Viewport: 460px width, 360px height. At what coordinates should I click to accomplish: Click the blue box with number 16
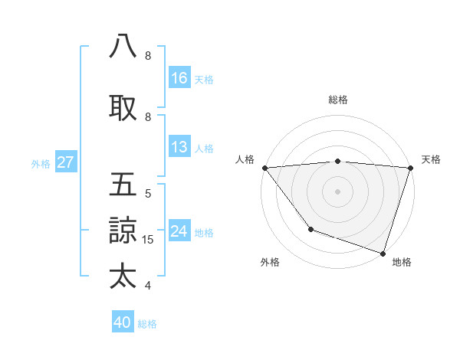tap(179, 78)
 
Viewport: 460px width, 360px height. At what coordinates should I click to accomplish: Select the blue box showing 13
tap(179, 148)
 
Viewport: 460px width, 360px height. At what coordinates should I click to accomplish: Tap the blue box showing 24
tap(179, 231)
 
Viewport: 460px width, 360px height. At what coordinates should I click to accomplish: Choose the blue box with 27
tap(65, 162)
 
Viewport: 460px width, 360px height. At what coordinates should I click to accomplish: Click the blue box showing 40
tap(123, 323)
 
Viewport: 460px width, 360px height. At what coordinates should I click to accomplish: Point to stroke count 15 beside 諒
tap(149, 240)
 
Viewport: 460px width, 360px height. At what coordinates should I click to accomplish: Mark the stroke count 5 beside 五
tap(148, 194)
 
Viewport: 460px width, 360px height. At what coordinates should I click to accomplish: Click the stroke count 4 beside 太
tap(148, 286)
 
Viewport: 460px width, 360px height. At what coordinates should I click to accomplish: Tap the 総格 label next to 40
tap(147, 324)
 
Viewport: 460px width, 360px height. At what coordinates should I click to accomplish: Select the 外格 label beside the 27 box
tap(41, 163)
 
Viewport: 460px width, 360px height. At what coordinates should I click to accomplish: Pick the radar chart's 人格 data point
tap(264, 168)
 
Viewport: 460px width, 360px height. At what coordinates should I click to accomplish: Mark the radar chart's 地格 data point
tap(383, 252)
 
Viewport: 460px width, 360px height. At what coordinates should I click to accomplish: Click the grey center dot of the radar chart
tap(337, 191)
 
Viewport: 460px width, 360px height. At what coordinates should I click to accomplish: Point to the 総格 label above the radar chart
tap(337, 100)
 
